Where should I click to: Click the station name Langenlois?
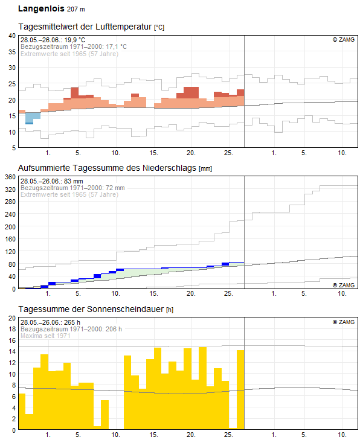[41, 8]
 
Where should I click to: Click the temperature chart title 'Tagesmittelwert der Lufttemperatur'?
[85, 27]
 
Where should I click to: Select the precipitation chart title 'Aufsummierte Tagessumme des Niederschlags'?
[107, 168]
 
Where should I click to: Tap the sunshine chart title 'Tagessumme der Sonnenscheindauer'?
[91, 309]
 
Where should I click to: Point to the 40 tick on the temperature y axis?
[12, 36]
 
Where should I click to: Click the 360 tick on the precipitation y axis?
[10, 177]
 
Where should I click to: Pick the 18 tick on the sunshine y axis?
[12, 329]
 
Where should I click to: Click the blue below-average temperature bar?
[33, 118]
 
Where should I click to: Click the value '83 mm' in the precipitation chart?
[74, 181]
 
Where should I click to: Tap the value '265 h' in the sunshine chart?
[72, 322]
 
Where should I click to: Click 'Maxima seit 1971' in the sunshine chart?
[45, 336]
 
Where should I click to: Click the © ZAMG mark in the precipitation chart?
[344, 285]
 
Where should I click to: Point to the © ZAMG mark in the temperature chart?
[344, 40]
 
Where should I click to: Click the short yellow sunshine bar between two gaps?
[104, 415]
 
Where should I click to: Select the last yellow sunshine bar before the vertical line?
[240, 389]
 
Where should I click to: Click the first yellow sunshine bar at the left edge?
[22, 411]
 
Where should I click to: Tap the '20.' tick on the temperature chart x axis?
[191, 153]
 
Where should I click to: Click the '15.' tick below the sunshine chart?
[153, 435]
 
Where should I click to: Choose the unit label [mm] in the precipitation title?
[205, 168]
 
